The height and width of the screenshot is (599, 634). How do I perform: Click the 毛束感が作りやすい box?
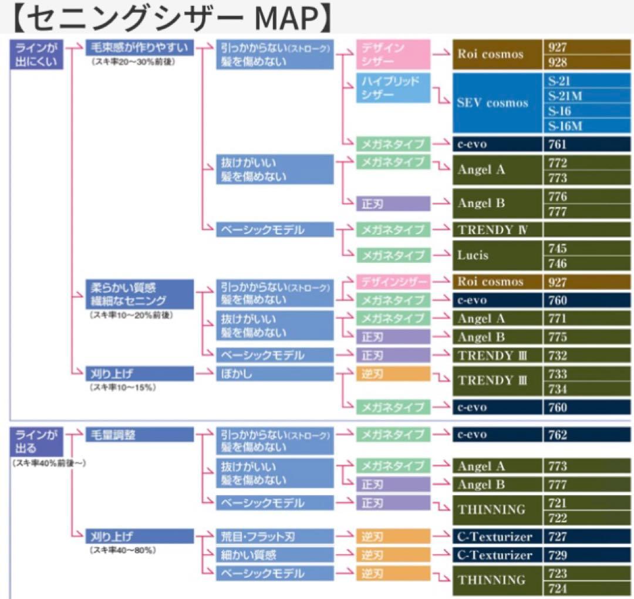140,48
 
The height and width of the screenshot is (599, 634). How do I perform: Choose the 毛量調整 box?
140,435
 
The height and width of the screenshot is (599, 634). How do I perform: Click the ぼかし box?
274,373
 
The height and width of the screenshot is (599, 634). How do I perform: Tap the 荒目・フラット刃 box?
274,536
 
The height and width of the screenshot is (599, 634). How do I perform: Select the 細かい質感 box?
274,554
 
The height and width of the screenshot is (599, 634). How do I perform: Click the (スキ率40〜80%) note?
123,550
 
